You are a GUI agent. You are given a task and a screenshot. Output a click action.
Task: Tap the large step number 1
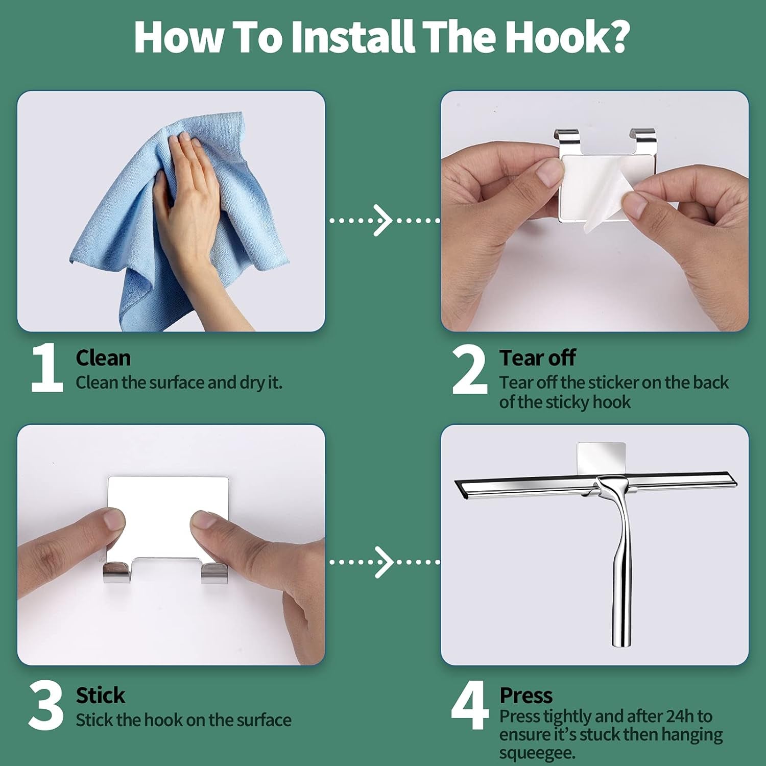[46, 368]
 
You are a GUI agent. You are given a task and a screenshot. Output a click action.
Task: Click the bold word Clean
[103, 358]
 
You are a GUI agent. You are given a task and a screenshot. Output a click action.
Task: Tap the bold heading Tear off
[538, 358]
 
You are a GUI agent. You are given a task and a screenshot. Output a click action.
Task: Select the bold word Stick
[101, 696]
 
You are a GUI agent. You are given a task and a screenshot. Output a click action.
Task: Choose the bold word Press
[526, 696]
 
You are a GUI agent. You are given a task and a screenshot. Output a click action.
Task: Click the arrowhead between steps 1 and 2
[383, 221]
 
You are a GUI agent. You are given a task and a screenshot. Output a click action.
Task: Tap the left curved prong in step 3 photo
[116, 572]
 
